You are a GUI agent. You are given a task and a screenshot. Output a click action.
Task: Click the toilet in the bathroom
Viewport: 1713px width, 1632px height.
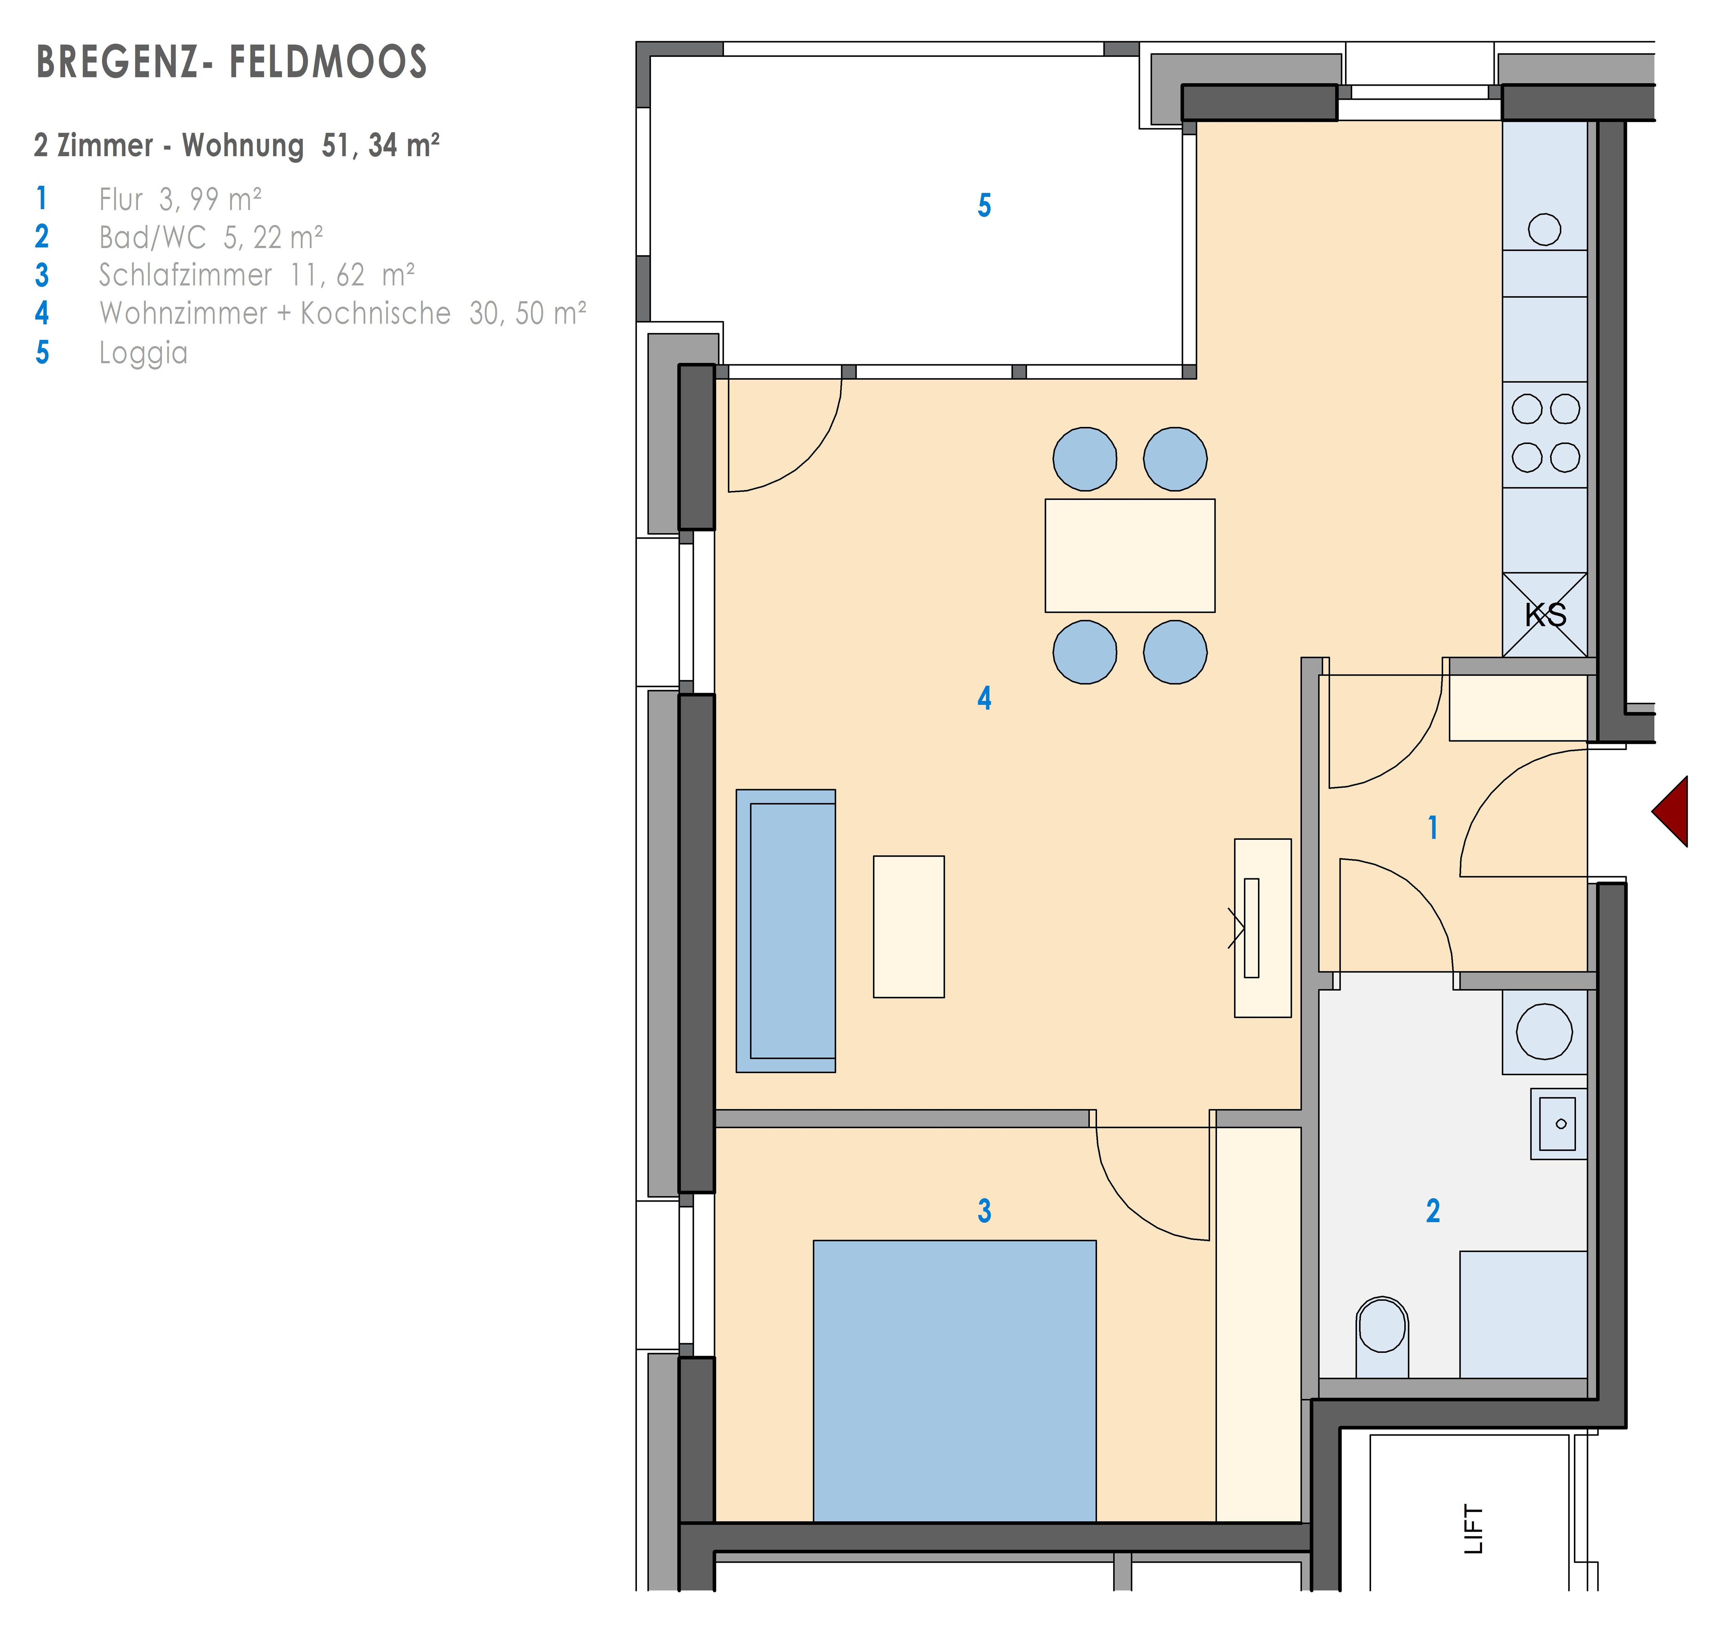click(1382, 1336)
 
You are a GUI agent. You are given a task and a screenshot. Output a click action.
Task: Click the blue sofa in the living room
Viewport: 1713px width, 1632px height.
click(786, 931)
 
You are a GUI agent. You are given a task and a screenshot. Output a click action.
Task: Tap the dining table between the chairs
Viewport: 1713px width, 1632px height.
click(1129, 555)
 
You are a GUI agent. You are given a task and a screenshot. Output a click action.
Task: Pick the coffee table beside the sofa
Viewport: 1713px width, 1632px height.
click(908, 927)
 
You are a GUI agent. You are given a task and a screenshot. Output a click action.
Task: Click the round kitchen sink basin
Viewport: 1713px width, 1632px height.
click(1544, 230)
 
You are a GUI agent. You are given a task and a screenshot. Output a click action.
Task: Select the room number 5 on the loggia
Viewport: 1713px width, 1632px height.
click(984, 206)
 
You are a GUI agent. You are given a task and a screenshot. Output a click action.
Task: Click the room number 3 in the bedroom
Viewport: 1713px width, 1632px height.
click(984, 1210)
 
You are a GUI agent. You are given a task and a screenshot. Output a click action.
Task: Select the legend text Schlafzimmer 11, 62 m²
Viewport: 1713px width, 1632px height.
click(257, 275)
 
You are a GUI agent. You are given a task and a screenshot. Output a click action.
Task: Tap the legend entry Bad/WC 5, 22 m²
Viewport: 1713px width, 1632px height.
click(211, 237)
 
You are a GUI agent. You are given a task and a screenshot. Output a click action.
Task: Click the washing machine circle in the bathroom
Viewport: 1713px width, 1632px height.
click(1544, 1032)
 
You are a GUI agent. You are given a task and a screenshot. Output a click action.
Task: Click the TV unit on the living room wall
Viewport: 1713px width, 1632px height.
click(1262, 928)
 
